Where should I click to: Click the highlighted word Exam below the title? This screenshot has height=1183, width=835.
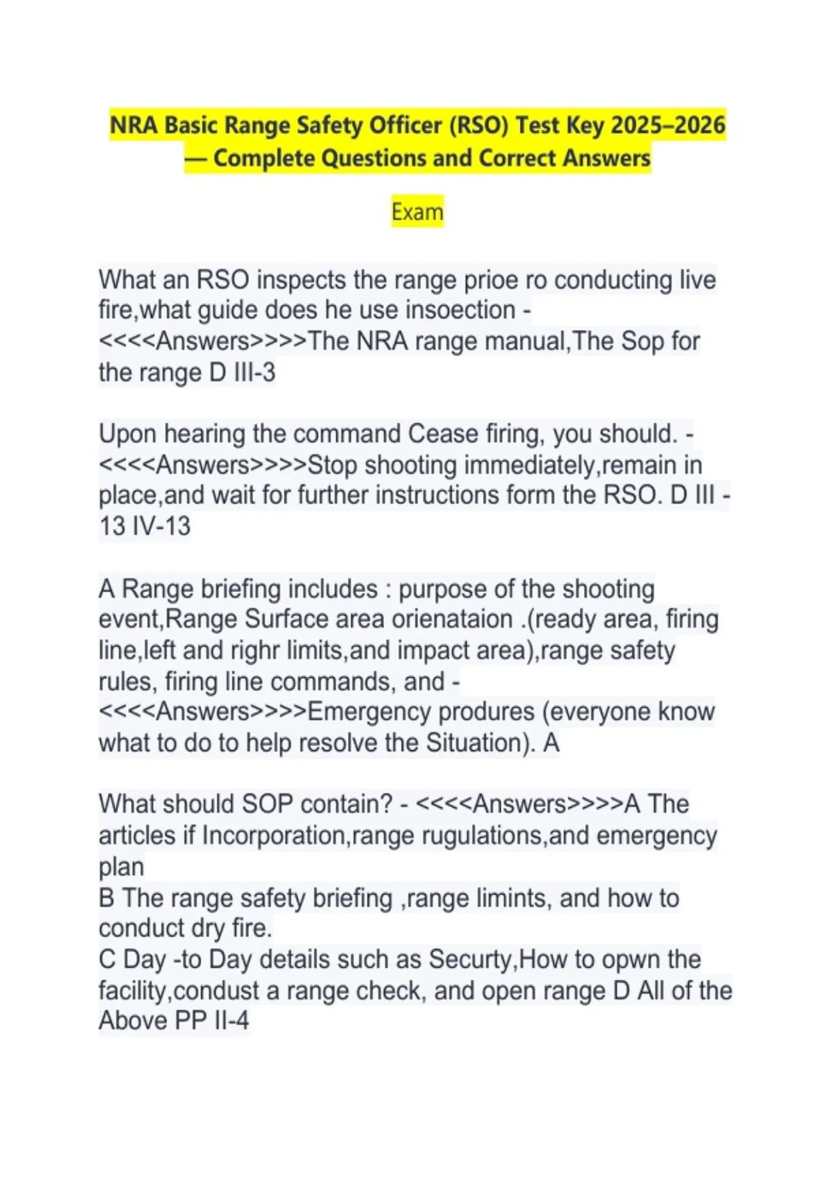tap(417, 212)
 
